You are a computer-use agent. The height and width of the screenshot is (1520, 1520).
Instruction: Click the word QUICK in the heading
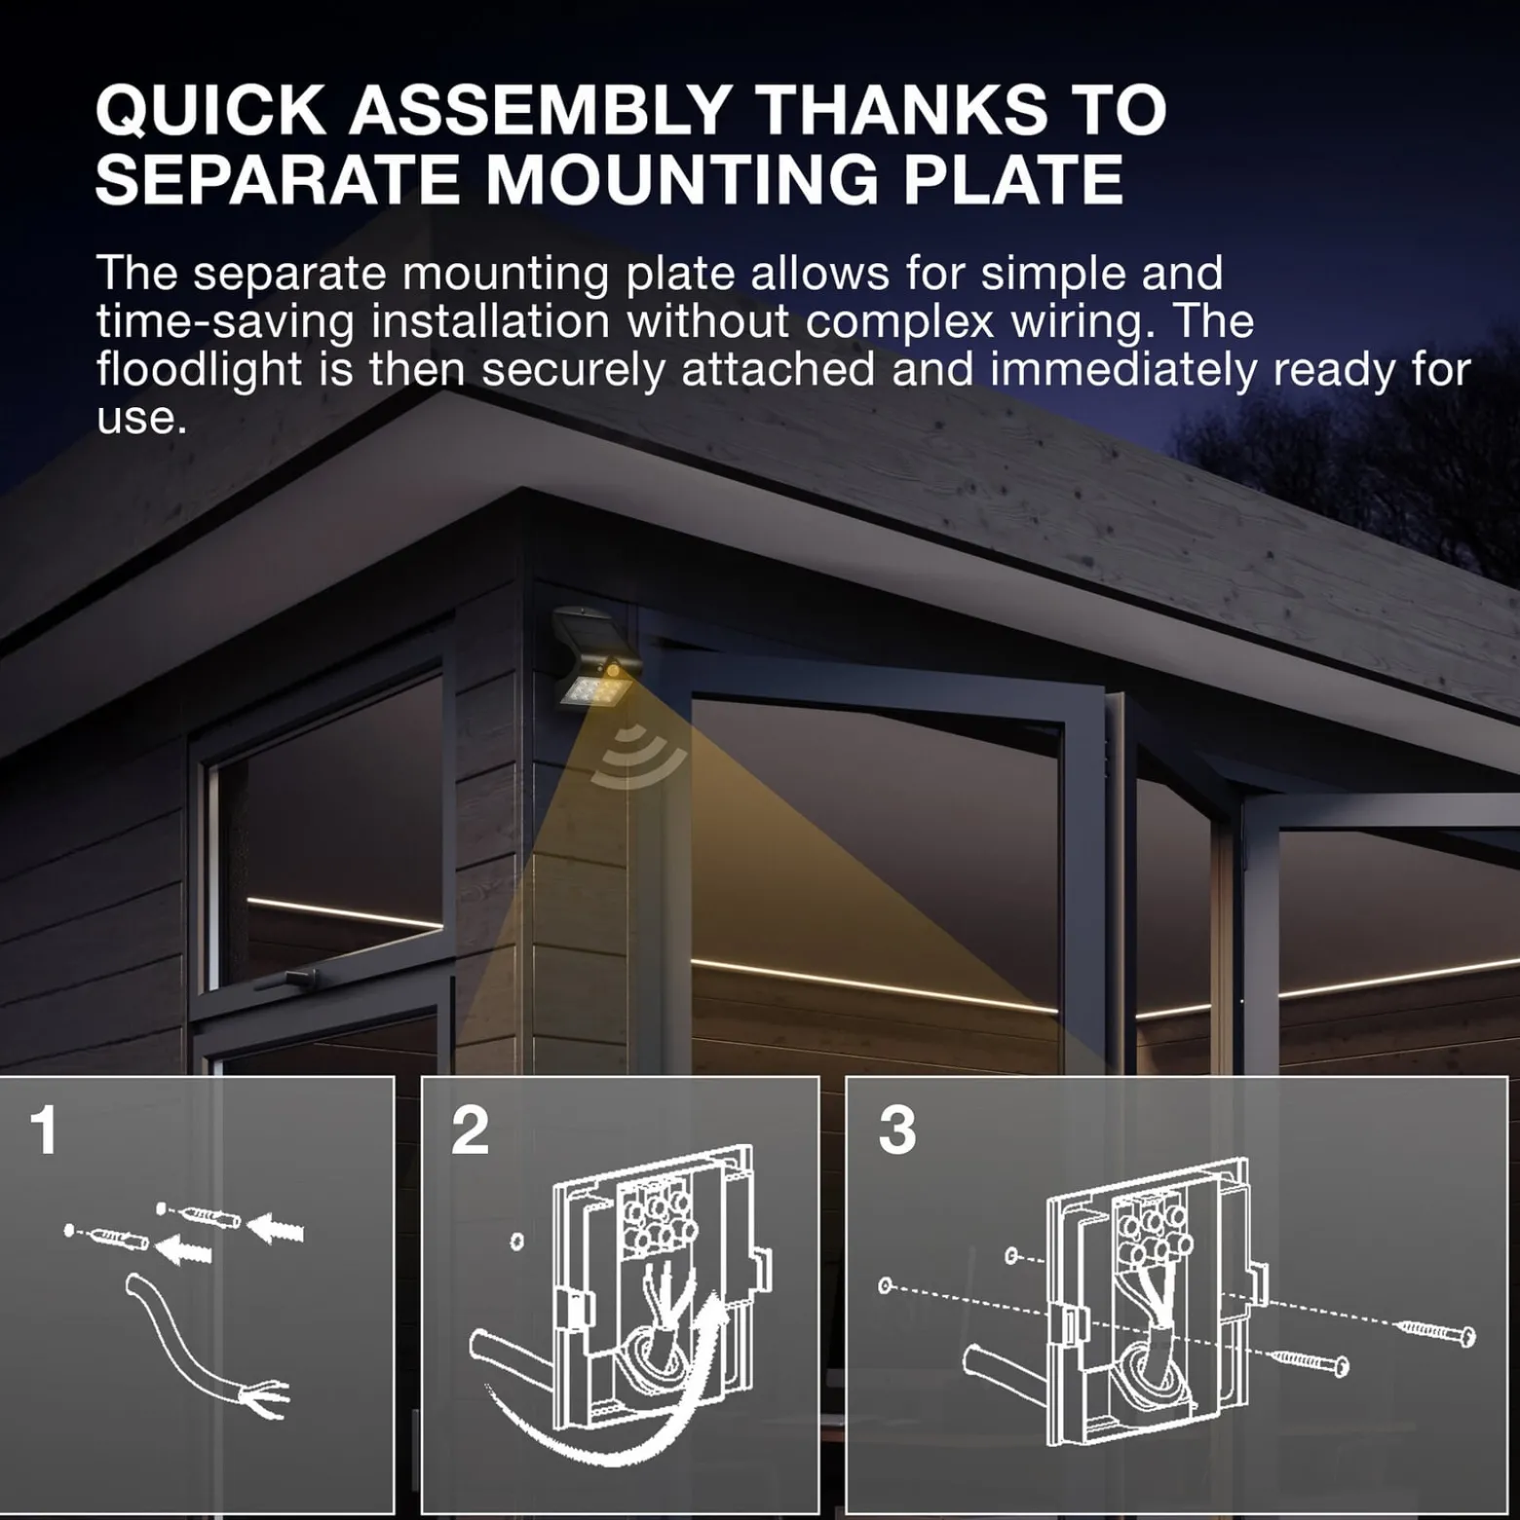[x=210, y=109]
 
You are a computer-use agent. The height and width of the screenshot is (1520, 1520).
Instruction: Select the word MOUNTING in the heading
[x=682, y=179]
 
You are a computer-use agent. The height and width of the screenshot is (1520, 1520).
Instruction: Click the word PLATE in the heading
[x=1013, y=179]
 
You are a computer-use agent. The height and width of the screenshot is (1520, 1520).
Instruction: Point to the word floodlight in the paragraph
[x=199, y=371]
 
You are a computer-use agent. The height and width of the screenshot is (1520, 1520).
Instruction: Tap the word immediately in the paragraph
[x=1123, y=371]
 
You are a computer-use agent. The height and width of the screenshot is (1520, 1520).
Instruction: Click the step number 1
[x=44, y=1131]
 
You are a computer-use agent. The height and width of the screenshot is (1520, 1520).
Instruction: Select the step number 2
[x=470, y=1131]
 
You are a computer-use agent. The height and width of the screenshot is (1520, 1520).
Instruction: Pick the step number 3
[x=896, y=1131]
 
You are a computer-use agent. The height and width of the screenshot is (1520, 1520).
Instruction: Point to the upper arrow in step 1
[x=275, y=1227]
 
